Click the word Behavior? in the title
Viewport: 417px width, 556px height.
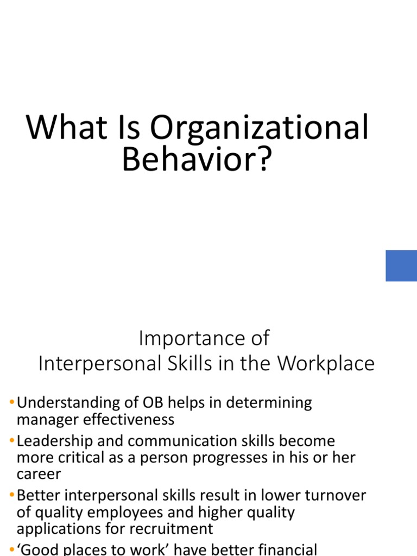pyautogui.click(x=197, y=159)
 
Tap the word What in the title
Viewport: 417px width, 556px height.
pyautogui.click(x=66, y=127)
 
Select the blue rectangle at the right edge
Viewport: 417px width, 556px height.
pyautogui.click(x=401, y=266)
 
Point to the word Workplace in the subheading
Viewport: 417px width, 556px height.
pyautogui.click(x=326, y=364)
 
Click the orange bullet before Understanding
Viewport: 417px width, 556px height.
pyautogui.click(x=12, y=402)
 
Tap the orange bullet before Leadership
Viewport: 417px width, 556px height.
pyautogui.click(x=12, y=440)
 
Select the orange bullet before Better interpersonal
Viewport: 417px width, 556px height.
pyautogui.click(x=12, y=494)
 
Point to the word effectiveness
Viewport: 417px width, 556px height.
pyautogui.click(x=128, y=420)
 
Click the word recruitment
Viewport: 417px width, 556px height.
pyautogui.click(x=163, y=529)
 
